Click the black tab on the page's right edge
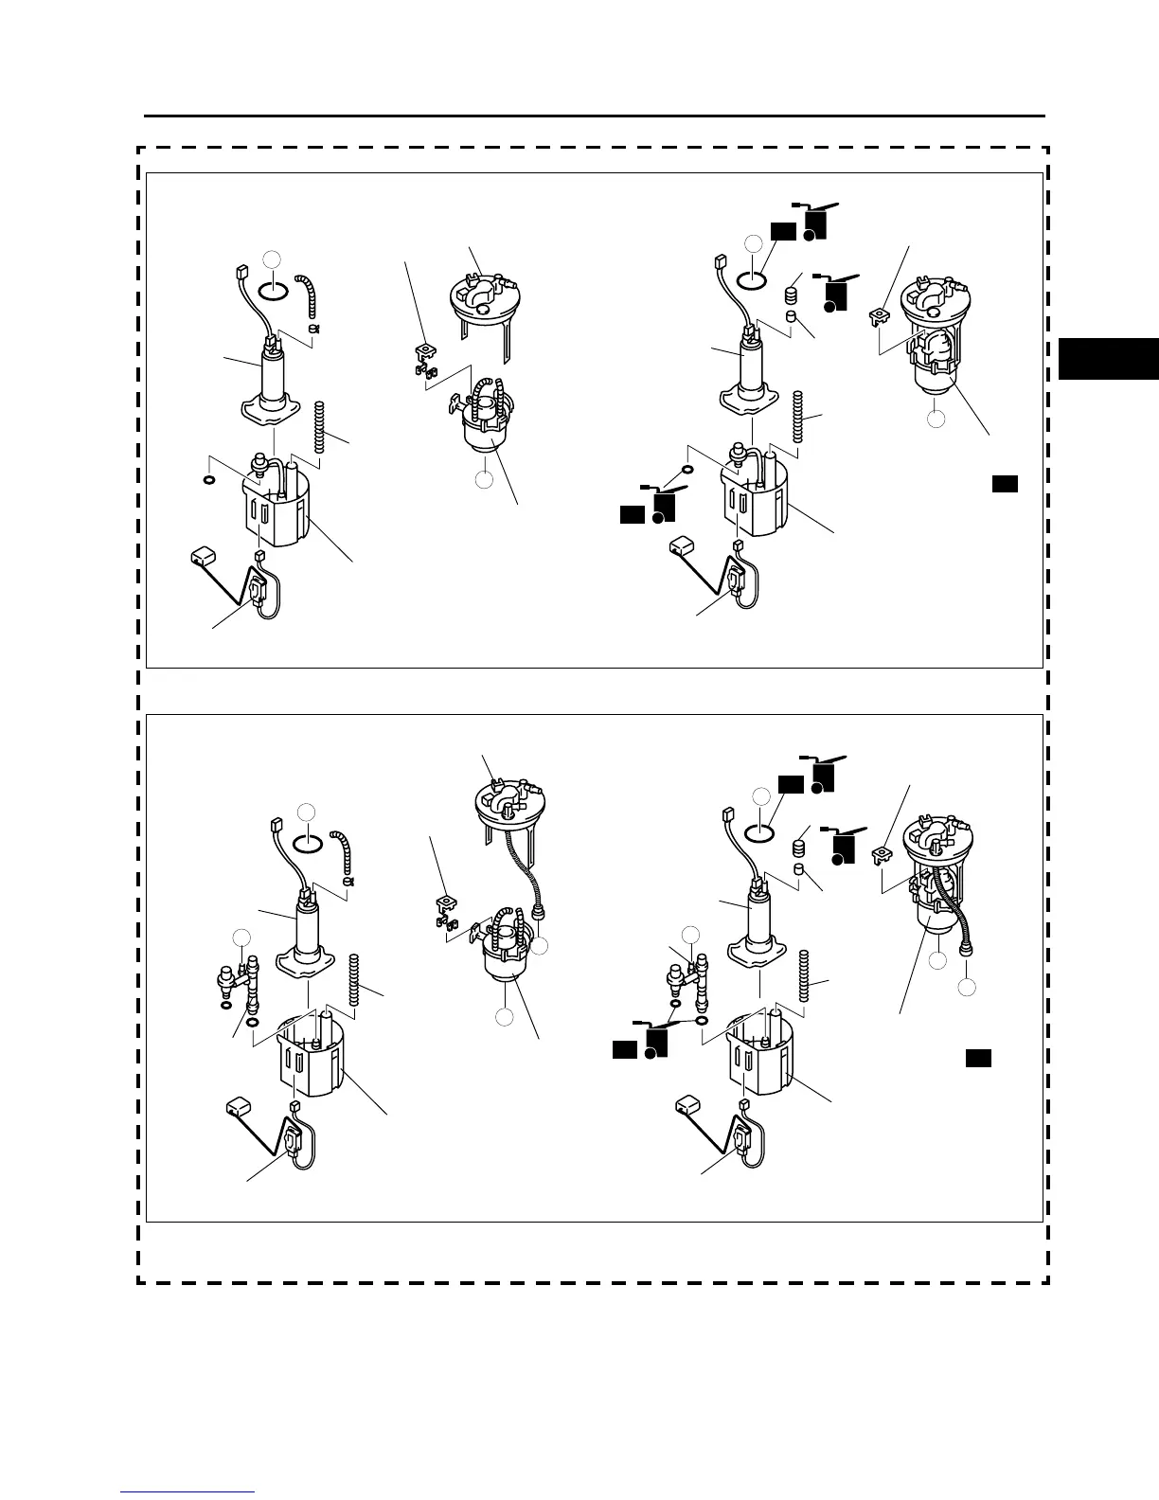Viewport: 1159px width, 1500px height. [x=1108, y=358]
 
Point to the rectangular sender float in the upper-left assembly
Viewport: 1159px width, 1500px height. [x=205, y=553]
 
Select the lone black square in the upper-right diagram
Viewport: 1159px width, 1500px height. [x=1005, y=484]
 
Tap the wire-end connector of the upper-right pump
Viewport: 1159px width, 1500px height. [x=717, y=259]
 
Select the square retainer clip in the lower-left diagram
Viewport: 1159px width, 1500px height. [x=441, y=903]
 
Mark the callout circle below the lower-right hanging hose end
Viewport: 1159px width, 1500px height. [x=967, y=988]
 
